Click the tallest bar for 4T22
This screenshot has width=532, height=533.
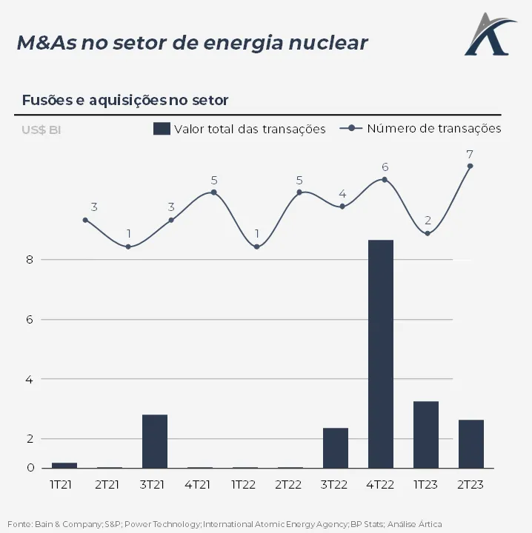pyautogui.click(x=381, y=354)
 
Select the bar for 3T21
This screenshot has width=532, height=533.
pyautogui.click(x=155, y=441)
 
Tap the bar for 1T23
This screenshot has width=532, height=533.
pyautogui.click(x=426, y=435)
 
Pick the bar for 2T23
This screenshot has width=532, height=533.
pyautogui.click(x=471, y=444)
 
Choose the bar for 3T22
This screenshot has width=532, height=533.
pyautogui.click(x=336, y=448)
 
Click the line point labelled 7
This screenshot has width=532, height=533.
pyautogui.click(x=470, y=166)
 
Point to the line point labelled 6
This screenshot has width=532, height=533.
pyautogui.click(x=385, y=179)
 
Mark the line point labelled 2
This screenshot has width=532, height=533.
pyautogui.click(x=428, y=233)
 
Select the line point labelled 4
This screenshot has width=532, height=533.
pyautogui.click(x=342, y=206)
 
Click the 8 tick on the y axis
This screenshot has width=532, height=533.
pyautogui.click(x=30, y=260)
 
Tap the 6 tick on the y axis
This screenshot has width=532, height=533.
pyautogui.click(x=30, y=320)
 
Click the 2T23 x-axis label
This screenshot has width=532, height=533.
pyautogui.click(x=471, y=484)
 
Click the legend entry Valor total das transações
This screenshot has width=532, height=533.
pyautogui.click(x=239, y=129)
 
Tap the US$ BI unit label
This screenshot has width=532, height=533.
pyautogui.click(x=41, y=130)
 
